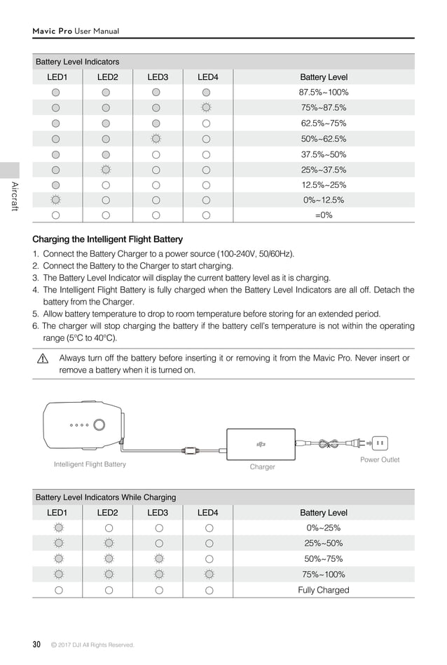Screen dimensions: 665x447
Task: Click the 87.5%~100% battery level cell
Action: (323, 93)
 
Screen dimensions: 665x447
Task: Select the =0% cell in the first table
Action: (323, 215)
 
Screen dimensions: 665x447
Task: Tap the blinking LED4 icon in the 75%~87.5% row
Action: (206, 108)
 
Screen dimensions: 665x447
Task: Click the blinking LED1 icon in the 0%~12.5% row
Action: (55, 200)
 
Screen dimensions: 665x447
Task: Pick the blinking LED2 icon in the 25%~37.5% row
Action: (106, 170)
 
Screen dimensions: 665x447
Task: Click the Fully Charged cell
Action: (323, 590)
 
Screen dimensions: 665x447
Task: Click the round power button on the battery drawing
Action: (99, 424)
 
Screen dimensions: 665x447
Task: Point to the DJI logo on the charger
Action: (261, 443)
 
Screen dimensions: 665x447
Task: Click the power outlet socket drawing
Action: (380, 443)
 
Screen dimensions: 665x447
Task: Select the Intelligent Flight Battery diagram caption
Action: (90, 464)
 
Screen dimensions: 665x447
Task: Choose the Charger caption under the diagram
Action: (262, 466)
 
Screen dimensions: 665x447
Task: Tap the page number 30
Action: (36, 644)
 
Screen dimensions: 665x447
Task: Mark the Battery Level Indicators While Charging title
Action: (106, 497)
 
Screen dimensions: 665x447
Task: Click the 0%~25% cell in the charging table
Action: (323, 528)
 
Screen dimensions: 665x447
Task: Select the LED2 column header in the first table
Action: (107, 77)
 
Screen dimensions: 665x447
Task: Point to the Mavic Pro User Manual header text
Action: (76, 31)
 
